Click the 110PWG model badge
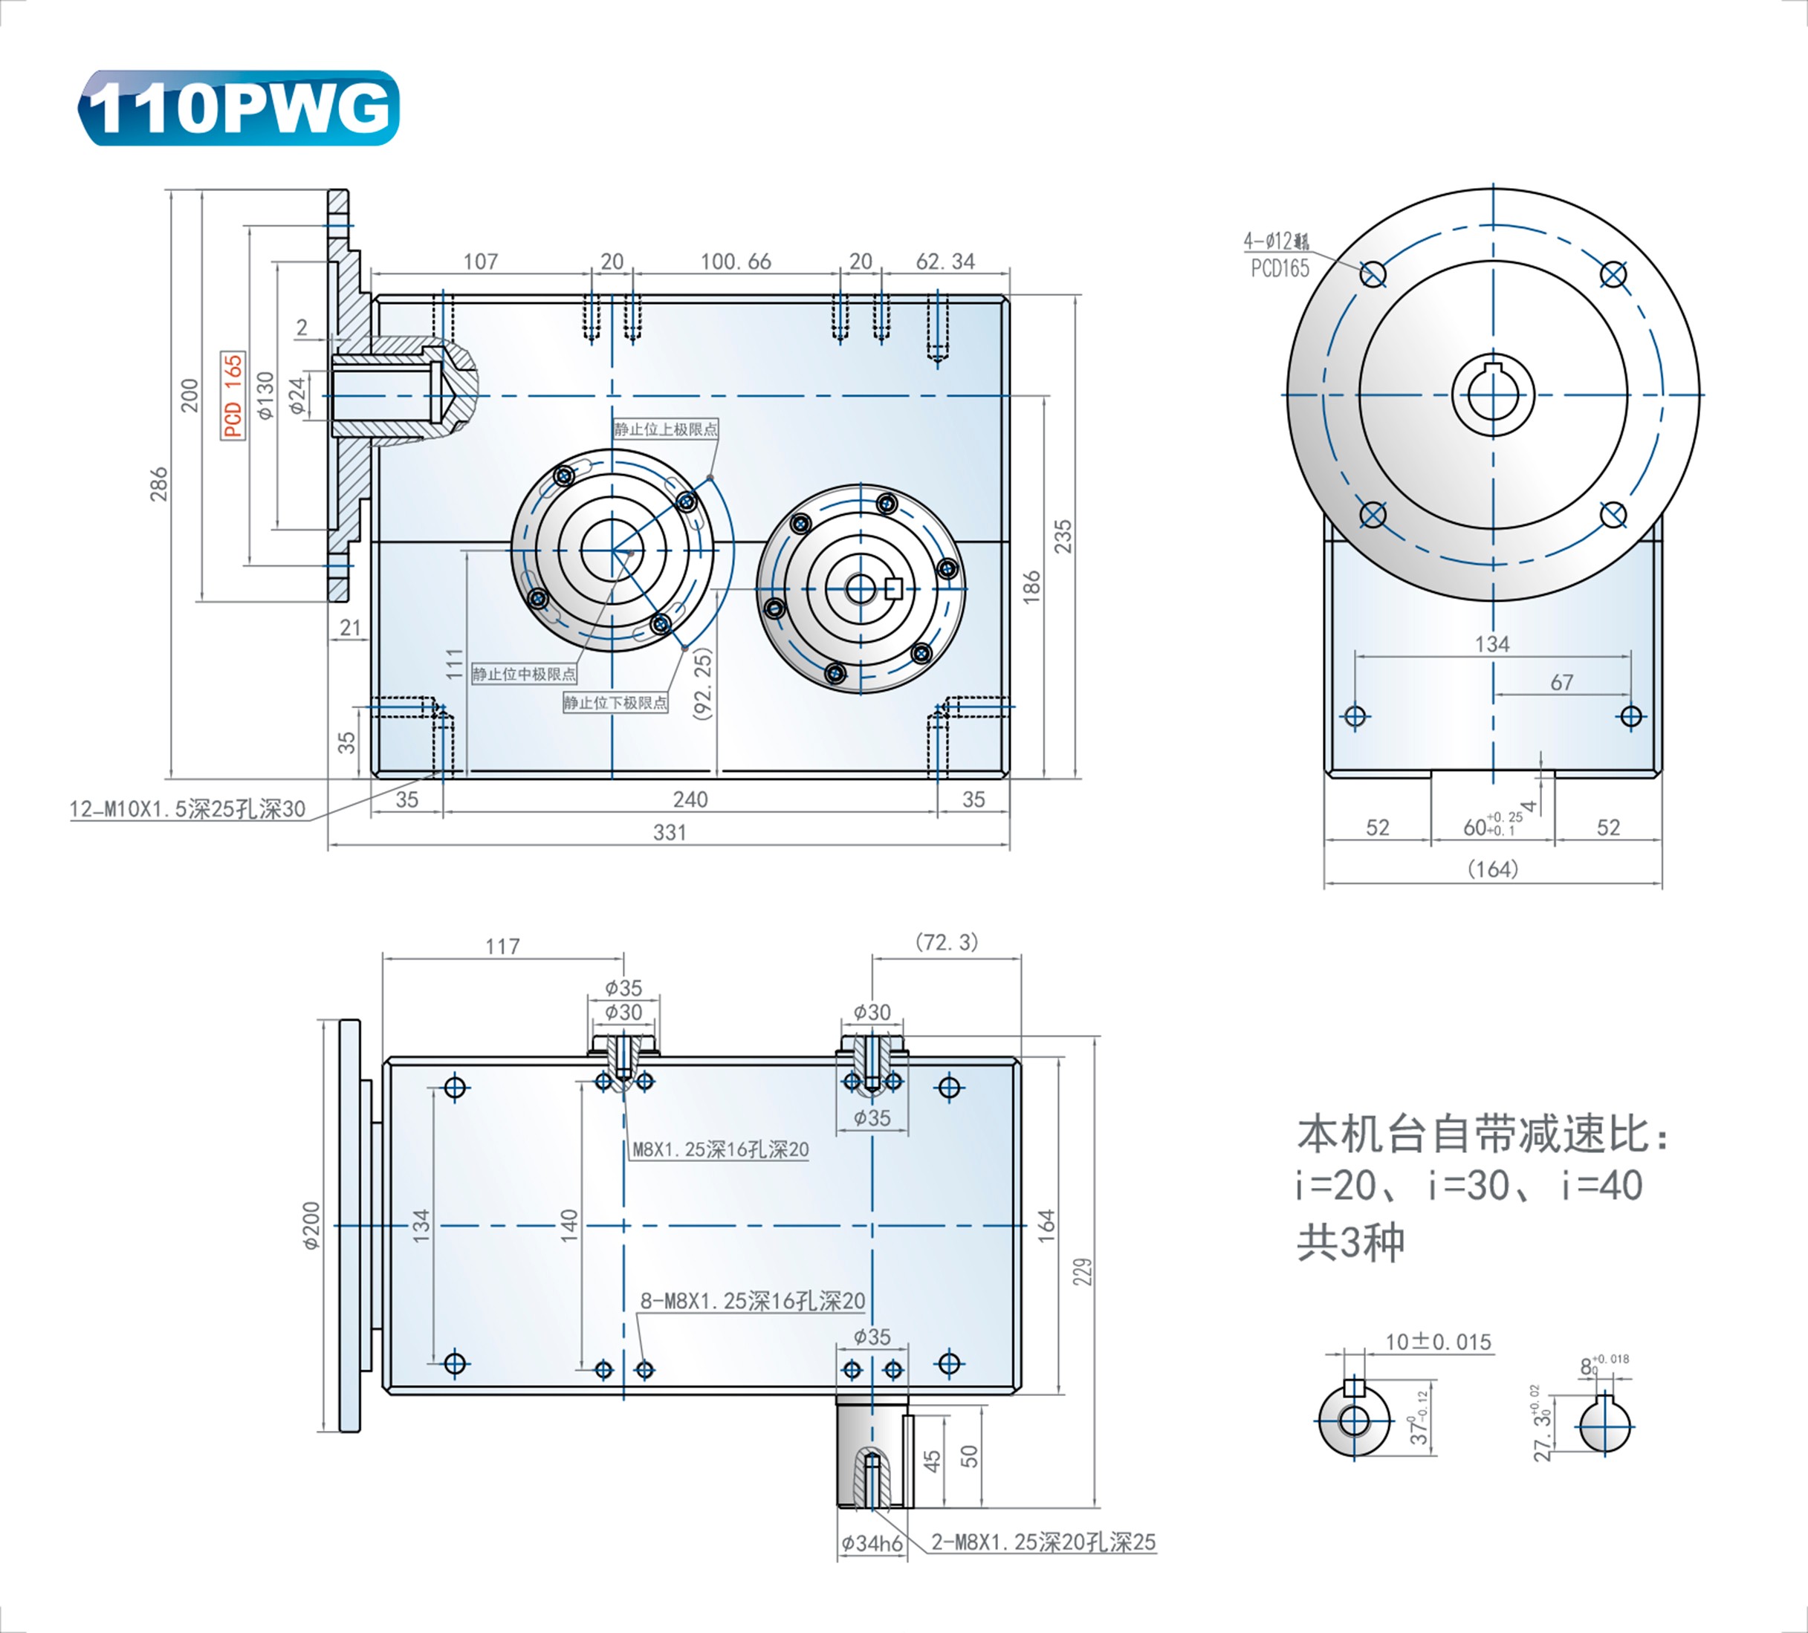tap(239, 108)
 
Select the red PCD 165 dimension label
tap(233, 395)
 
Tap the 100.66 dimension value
tap(736, 262)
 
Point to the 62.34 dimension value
tap(945, 262)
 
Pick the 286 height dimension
tap(159, 484)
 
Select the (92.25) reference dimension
tap(703, 684)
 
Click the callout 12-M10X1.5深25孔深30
tap(187, 809)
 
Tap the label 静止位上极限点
tap(665, 429)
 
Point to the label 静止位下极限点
tap(615, 702)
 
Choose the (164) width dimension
tap(1492, 869)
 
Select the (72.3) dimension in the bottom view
tap(946, 943)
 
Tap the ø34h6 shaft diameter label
tap(871, 1543)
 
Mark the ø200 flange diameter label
tap(311, 1226)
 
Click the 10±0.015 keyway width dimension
tap(1438, 1343)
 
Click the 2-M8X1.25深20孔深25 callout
tap(1043, 1542)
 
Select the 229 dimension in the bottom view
tap(1083, 1272)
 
